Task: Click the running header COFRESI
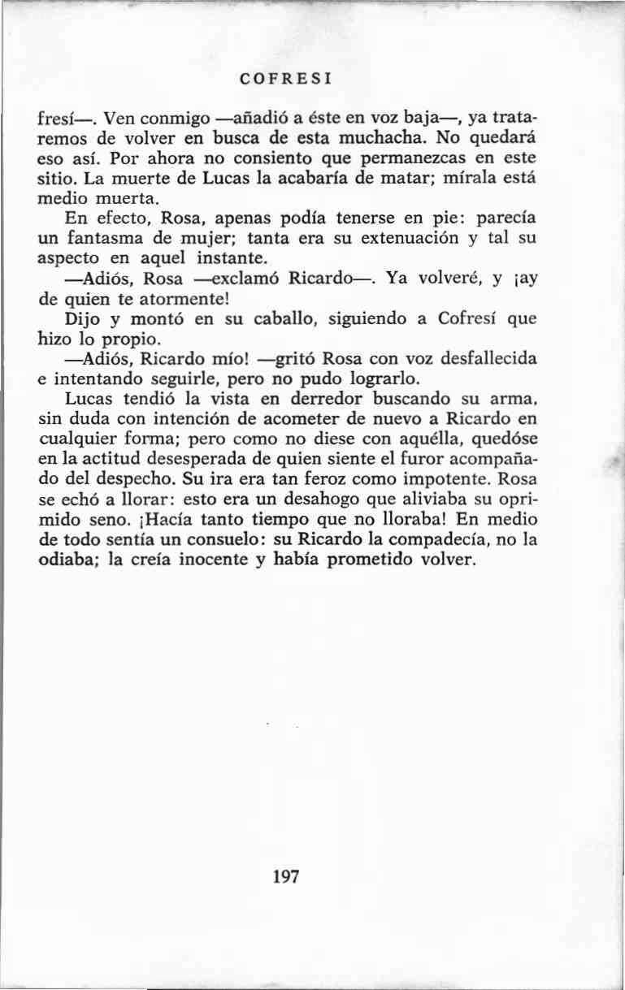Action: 289,80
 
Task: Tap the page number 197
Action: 287,876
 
